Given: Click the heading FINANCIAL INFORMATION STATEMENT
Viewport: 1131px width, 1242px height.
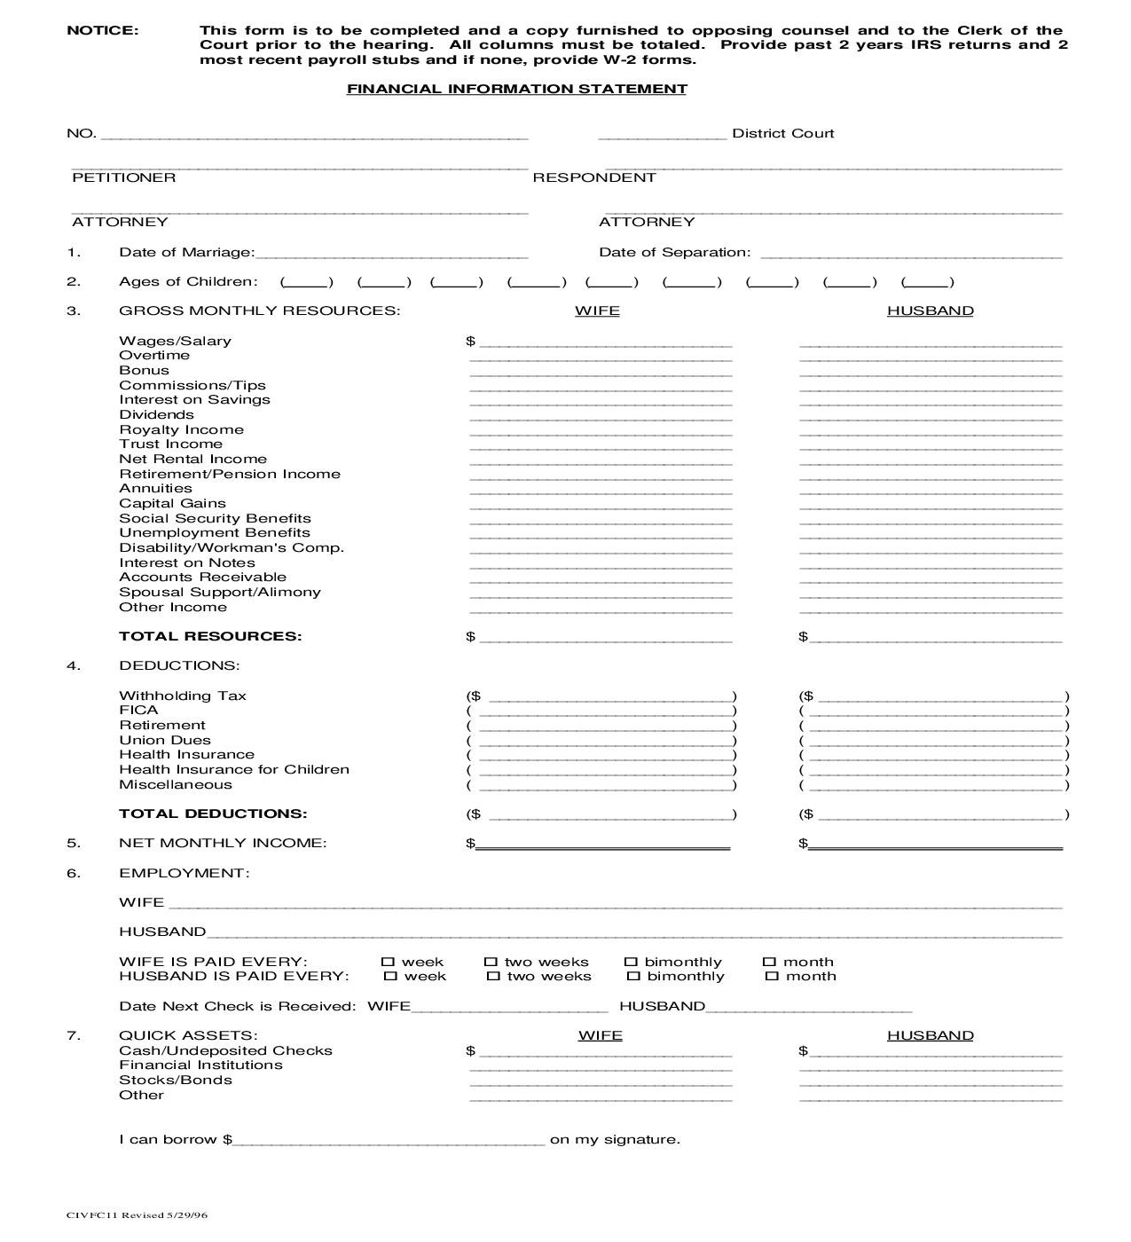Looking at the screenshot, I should [516, 89].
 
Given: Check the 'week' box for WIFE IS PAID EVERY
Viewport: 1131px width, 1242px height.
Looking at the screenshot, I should [388, 962].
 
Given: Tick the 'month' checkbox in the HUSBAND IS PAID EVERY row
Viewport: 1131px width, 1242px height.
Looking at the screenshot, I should [772, 976].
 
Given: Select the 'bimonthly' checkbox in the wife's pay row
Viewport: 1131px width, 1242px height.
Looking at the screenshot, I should [631, 962].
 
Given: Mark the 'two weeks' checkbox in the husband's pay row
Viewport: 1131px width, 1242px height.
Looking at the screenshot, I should [493, 976].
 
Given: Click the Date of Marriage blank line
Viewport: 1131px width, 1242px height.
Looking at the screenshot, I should [391, 254].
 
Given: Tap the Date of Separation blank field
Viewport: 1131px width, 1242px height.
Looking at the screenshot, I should [911, 254].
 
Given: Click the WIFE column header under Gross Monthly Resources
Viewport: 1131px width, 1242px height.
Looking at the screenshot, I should [597, 310].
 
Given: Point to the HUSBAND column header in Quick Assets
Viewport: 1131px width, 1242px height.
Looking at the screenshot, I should [930, 1035].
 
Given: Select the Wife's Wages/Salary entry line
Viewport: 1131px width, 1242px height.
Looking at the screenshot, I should [605, 343].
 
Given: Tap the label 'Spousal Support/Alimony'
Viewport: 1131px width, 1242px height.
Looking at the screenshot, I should [220, 592].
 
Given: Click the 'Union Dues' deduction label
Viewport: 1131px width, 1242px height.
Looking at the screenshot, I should [165, 740].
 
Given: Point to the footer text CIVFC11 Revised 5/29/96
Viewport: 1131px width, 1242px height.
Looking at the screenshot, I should [137, 1215].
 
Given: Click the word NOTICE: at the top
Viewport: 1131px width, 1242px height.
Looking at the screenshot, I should [103, 30].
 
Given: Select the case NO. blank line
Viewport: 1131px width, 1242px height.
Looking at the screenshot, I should [315, 136].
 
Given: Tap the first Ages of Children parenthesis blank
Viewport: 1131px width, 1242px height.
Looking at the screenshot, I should [307, 283].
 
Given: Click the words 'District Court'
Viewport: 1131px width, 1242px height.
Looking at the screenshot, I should [782, 133].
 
